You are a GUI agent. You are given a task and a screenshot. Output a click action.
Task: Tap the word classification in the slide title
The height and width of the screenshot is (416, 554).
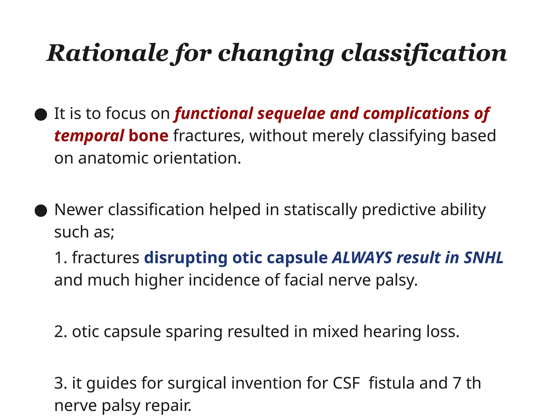[424, 53]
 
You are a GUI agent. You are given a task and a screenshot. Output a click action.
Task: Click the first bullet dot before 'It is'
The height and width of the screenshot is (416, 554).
[41, 114]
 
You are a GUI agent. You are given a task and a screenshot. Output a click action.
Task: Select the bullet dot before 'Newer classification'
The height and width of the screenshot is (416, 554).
[41, 210]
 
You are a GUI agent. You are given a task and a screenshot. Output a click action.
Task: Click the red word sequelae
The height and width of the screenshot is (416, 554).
[291, 113]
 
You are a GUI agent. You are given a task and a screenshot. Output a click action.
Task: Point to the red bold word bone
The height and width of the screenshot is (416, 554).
[149, 136]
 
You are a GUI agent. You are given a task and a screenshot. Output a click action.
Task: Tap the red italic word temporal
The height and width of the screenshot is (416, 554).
[89, 136]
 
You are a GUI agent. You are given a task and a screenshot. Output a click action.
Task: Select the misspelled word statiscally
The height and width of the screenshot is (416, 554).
[320, 210]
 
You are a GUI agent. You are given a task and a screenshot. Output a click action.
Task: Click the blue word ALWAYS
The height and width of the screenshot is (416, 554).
[362, 258]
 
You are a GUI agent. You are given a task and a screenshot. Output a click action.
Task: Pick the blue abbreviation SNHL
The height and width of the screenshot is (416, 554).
[483, 258]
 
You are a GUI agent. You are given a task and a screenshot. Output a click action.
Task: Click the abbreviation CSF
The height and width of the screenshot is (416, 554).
[347, 383]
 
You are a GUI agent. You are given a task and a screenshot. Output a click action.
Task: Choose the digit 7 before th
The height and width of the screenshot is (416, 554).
[457, 383]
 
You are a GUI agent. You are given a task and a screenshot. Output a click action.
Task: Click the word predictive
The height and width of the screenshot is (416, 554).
[399, 210]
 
